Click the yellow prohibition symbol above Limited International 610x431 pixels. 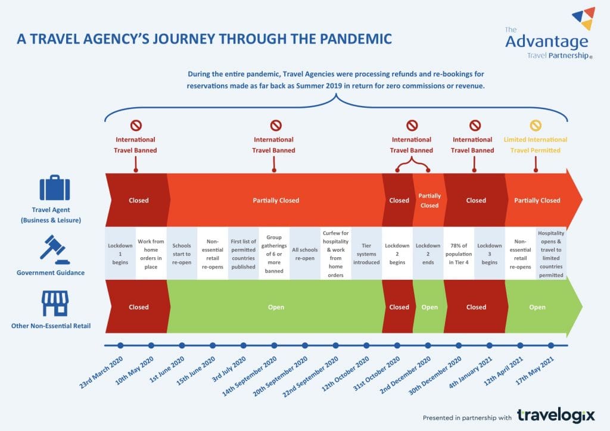coord(536,126)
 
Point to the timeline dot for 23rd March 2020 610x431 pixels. coord(120,345)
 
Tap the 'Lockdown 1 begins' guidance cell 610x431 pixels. coord(120,254)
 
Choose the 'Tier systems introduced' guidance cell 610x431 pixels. coord(366,254)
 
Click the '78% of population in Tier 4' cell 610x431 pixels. coord(459,254)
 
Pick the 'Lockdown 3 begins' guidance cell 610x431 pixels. coord(490,254)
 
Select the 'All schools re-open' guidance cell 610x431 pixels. coord(305,254)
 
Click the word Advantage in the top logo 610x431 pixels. coord(546,42)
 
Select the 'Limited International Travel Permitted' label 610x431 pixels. coord(536,145)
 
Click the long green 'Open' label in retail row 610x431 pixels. coord(276,307)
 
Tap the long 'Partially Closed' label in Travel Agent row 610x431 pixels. coord(276,201)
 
